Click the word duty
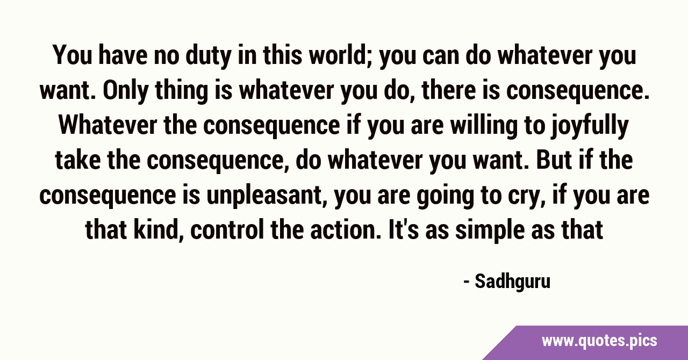[x=208, y=56]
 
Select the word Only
[x=125, y=91]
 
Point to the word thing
[x=182, y=91]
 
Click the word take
[x=78, y=160]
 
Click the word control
[x=227, y=231]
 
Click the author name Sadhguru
[x=513, y=282]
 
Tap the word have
[x=123, y=55]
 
